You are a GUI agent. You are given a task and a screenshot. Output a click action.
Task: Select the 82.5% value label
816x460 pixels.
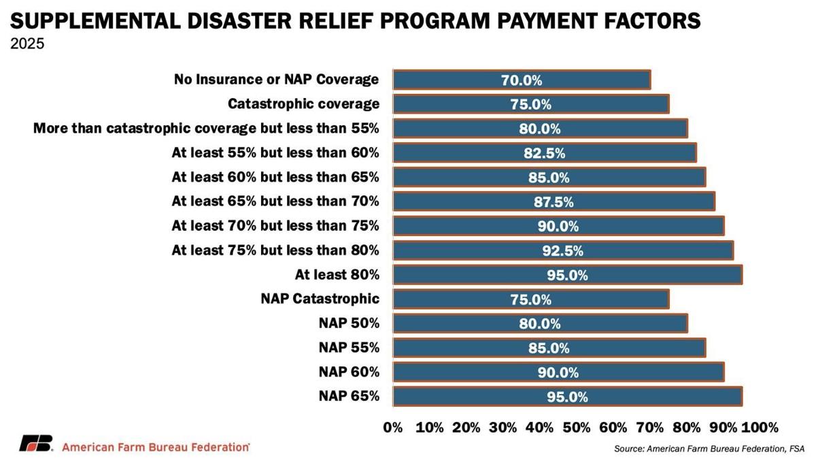click(x=544, y=153)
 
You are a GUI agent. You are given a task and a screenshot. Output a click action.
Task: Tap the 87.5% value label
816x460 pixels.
click(x=553, y=202)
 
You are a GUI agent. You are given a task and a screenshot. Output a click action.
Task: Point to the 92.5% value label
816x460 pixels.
click(x=562, y=250)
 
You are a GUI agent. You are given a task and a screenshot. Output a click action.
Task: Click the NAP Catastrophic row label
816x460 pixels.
click(x=320, y=299)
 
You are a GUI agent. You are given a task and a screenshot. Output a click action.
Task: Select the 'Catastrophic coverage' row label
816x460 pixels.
click(x=303, y=104)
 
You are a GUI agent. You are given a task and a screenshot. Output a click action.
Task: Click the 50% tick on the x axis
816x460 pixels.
click(x=577, y=427)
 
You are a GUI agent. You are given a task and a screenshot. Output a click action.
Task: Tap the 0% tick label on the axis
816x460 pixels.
click(x=393, y=427)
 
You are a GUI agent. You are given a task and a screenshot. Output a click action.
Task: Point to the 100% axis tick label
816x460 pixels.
click(x=760, y=427)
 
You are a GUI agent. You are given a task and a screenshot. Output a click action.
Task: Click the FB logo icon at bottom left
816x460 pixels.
click(x=36, y=444)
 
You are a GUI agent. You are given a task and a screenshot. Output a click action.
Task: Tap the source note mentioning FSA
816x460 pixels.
click(x=709, y=448)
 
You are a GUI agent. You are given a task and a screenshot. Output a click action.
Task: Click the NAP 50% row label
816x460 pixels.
click(x=349, y=323)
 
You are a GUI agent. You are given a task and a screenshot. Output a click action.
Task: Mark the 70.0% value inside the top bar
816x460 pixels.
click(x=522, y=80)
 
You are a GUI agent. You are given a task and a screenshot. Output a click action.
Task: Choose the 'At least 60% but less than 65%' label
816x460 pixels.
click(x=275, y=178)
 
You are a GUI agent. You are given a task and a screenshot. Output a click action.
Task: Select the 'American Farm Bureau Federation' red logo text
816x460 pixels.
click(x=156, y=447)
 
